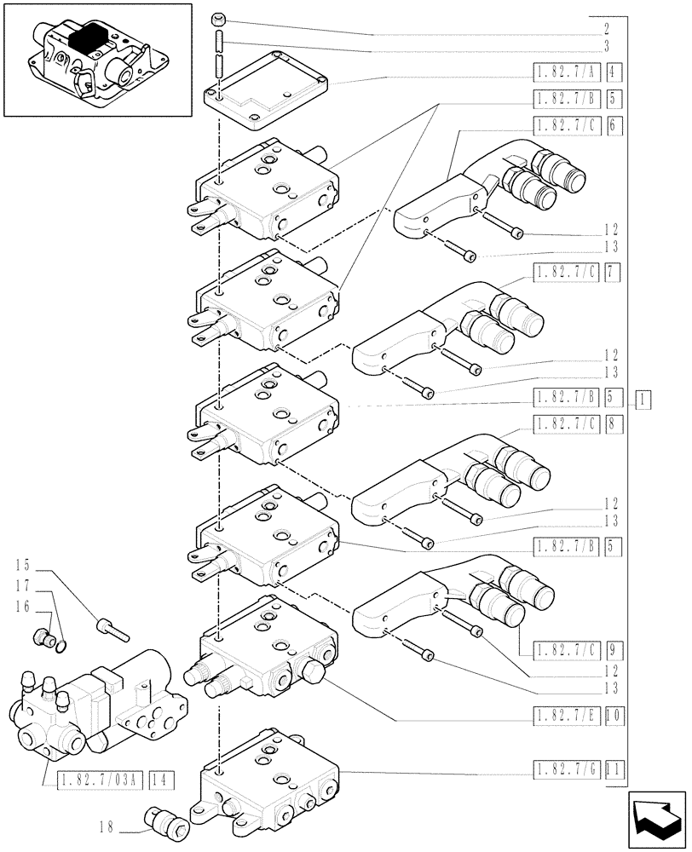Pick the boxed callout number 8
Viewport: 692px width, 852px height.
[x=614, y=423]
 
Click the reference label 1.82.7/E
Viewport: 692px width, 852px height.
[x=566, y=717]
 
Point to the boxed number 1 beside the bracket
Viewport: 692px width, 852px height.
[x=643, y=398]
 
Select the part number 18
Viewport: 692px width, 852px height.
[x=106, y=826]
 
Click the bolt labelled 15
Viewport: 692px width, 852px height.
[x=112, y=628]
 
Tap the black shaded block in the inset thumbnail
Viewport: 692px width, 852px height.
[x=89, y=41]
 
